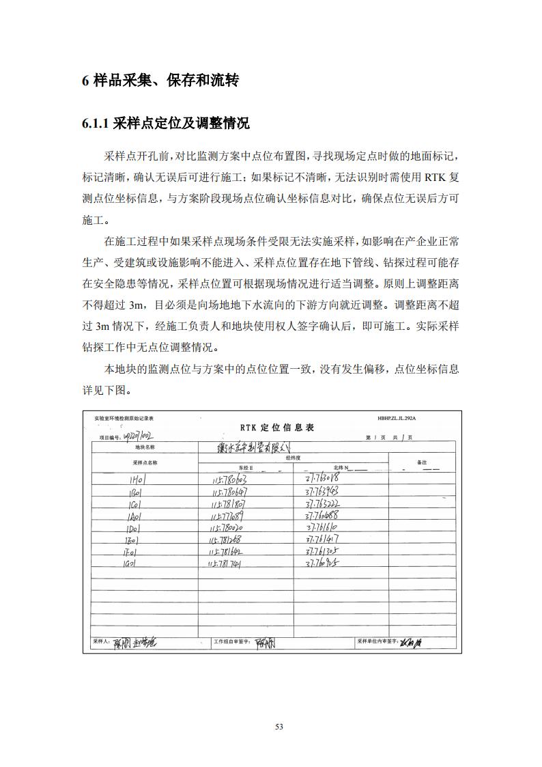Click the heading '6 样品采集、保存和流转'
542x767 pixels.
click(160, 81)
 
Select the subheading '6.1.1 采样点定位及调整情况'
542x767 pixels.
click(166, 124)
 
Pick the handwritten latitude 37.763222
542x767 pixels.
click(322, 504)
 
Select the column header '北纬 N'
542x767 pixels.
click(344, 468)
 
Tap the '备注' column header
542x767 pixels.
click(422, 462)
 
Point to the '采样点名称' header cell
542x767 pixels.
click(145, 462)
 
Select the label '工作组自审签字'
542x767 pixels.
click(232, 642)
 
